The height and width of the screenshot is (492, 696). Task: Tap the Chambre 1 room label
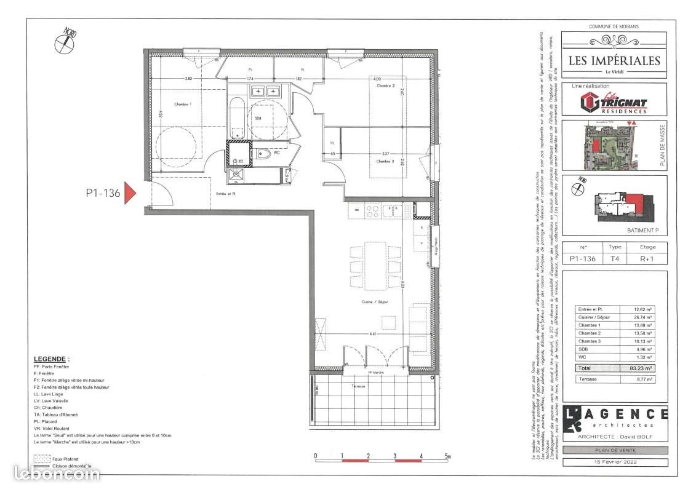[x=183, y=105]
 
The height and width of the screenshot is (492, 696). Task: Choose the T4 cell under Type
[x=615, y=259]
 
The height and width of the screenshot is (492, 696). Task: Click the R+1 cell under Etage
[x=647, y=259]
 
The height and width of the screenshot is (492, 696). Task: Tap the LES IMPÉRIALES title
[x=614, y=60]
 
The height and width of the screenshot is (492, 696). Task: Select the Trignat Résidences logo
[x=614, y=102]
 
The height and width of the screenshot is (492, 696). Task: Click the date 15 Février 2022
[x=615, y=461]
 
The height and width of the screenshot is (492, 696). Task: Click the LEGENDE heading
[x=52, y=358]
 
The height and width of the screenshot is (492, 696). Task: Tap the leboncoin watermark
[x=57, y=474]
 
